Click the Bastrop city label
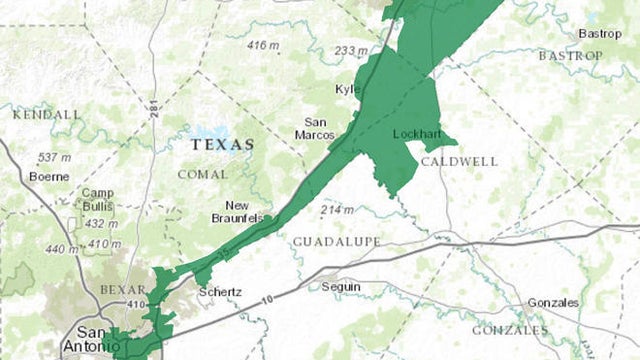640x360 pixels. (599, 34)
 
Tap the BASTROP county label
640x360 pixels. (571, 56)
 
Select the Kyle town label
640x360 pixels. (348, 90)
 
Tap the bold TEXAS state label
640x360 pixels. (222, 145)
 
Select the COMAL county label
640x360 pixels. (203, 174)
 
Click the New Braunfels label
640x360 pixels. (237, 211)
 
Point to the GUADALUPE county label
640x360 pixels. (337, 242)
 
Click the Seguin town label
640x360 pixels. (341, 287)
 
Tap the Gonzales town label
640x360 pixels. (554, 303)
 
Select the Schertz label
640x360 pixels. (219, 292)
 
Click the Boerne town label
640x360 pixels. (49, 177)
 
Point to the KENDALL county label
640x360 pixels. (46, 115)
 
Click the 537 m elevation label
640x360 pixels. (53, 158)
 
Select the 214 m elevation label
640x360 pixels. (337, 209)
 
